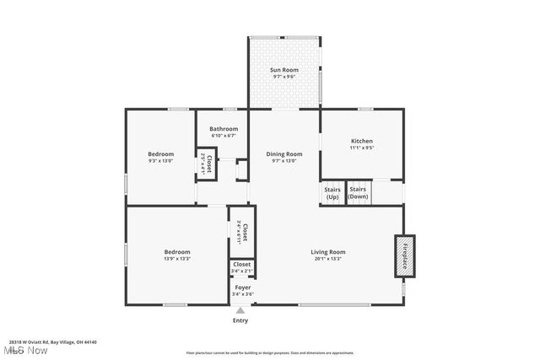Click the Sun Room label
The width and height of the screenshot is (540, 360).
tap(283, 69)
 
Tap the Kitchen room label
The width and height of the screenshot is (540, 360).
tap(361, 141)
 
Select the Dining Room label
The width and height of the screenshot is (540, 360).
tap(283, 153)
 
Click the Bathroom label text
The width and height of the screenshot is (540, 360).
tap(224, 129)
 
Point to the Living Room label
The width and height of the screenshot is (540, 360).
tap(328, 251)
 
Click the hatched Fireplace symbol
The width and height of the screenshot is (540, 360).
tap(404, 256)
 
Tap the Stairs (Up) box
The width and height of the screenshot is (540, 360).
tap(332, 193)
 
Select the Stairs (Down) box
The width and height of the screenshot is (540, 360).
tap(359, 193)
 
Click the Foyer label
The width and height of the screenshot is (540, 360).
tap(242, 287)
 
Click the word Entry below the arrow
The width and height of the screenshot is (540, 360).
tap(240, 320)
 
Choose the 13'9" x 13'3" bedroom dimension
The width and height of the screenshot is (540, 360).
tap(177, 259)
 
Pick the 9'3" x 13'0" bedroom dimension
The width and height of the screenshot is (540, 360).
tap(160, 161)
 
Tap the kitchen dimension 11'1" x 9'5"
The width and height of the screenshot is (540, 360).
tap(361, 148)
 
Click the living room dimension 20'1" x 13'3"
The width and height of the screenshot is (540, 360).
tap(328, 259)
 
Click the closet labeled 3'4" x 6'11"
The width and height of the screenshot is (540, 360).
tap(242, 232)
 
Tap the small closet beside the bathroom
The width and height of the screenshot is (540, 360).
tap(206, 163)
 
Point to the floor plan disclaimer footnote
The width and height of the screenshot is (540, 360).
tap(270, 352)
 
